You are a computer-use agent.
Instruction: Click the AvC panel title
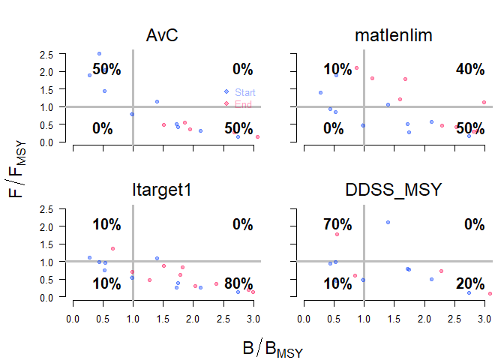[x=163, y=35]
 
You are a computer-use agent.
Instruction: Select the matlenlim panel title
[x=394, y=35]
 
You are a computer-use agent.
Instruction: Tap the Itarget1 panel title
[x=163, y=190]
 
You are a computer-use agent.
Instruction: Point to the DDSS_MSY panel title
[x=394, y=190]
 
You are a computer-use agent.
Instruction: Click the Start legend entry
[x=245, y=92]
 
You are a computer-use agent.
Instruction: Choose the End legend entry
[x=244, y=104]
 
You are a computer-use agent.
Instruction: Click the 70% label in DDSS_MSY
[x=337, y=223]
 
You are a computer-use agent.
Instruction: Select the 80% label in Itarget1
[x=238, y=283]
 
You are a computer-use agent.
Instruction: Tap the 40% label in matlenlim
[x=470, y=69]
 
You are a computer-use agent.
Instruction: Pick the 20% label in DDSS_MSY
[x=470, y=283]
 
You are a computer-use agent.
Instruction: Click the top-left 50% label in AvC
[x=106, y=69]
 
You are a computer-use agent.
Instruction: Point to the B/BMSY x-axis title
[x=272, y=349]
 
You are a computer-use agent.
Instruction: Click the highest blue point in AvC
[x=99, y=53]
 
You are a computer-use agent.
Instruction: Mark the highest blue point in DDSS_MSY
[x=388, y=222]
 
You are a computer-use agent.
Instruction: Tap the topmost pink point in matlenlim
[x=356, y=67]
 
